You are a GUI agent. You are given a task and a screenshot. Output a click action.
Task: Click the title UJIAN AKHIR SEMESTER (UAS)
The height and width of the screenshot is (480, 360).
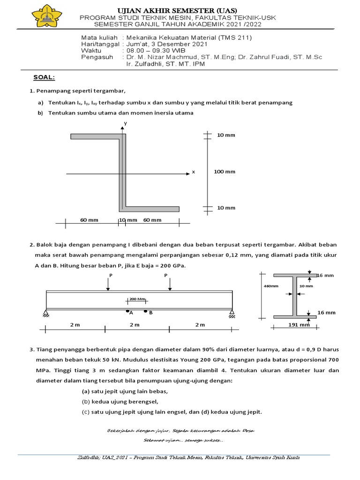click(177, 10)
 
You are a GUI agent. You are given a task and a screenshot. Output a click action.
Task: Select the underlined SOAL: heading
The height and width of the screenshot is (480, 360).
click(44, 77)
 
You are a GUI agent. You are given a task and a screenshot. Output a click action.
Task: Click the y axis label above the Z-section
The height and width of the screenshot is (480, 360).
click(125, 123)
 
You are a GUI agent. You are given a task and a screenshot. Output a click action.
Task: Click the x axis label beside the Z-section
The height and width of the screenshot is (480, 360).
click(193, 172)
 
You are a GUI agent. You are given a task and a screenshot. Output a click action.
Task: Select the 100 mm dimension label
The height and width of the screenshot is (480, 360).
click(225, 172)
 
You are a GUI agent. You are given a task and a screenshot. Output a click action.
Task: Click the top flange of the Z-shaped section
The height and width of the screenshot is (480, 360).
click(97, 136)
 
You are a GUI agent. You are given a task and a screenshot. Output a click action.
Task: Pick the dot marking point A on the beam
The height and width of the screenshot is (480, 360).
click(128, 311)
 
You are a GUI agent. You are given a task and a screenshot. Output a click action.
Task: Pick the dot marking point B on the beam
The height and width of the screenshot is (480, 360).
click(145, 311)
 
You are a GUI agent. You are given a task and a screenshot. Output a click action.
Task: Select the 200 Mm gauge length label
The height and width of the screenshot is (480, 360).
click(137, 299)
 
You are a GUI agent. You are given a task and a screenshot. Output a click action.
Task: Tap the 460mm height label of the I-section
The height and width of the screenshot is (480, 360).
click(271, 285)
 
